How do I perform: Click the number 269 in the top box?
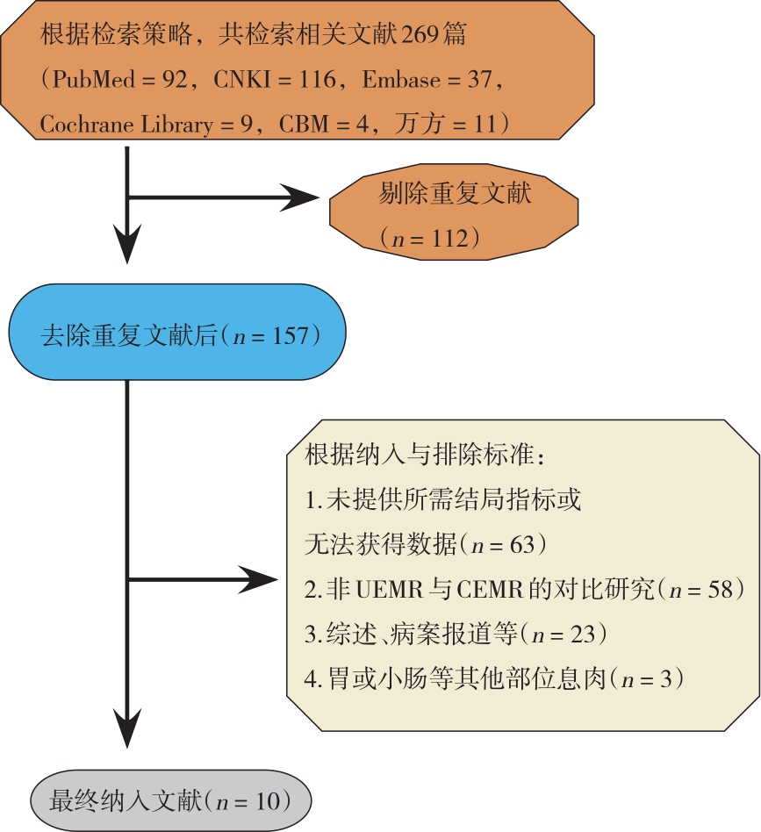point(424,37)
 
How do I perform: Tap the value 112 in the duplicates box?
point(450,238)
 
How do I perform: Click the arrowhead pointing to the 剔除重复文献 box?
point(303,198)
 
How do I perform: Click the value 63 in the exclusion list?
point(521,546)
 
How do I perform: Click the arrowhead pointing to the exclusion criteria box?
point(260,579)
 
